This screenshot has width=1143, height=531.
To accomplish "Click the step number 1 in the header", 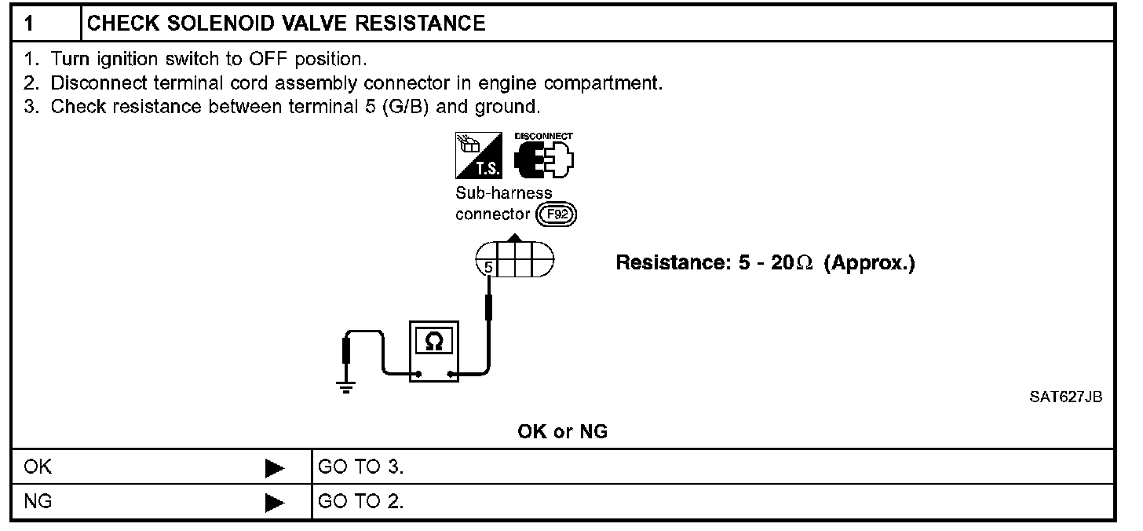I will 29,23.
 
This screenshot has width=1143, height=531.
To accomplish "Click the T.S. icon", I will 477,155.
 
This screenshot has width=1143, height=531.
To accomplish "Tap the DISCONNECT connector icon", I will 543,157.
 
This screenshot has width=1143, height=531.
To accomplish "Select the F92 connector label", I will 556,215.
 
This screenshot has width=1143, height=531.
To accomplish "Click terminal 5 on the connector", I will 488,268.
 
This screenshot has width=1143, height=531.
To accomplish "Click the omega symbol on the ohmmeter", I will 433,342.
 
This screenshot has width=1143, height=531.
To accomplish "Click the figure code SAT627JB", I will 1065,397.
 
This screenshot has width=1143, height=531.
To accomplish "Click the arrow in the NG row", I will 274,501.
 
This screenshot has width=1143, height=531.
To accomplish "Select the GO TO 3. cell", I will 361,468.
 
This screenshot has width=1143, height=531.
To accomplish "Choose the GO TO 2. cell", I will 361,501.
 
